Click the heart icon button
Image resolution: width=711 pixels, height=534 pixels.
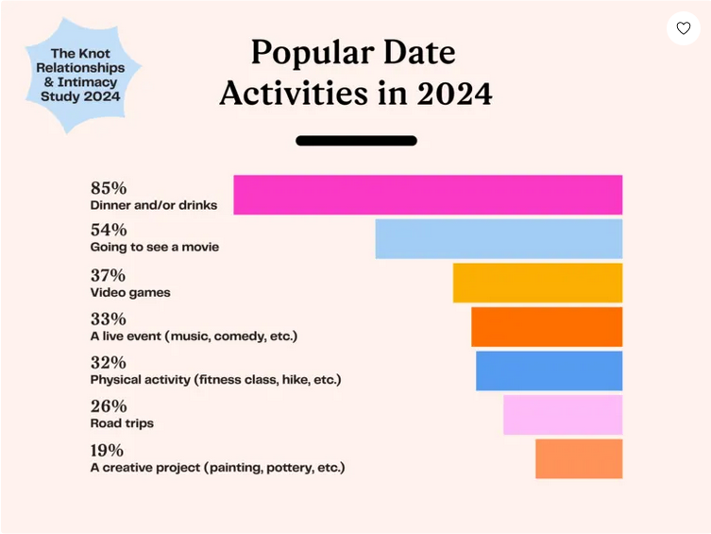tap(684, 28)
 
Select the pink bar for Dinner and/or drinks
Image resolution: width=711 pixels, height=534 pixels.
tap(428, 195)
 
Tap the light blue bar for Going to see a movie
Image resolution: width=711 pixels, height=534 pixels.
tap(499, 238)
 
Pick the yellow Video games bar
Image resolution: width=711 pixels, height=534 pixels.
tap(537, 283)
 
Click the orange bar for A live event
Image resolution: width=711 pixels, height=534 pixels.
tap(547, 327)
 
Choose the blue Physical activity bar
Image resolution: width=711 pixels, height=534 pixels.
tap(549, 370)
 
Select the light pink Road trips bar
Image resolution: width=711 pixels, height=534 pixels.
tap(563, 415)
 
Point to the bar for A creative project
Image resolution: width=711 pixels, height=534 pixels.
tap(579, 458)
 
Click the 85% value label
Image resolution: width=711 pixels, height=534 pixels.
tap(109, 187)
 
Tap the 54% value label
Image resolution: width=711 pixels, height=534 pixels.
tap(109, 230)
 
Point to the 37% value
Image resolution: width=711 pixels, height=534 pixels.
tap(109, 275)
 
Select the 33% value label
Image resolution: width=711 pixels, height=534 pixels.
tap(109, 319)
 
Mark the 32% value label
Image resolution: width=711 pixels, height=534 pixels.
tap(109, 362)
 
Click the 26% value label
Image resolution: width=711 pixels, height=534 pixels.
tap(109, 406)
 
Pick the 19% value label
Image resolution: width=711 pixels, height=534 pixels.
tap(108, 450)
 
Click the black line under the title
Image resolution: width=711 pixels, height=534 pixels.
tap(356, 141)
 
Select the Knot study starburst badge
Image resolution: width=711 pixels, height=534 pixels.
tap(81, 76)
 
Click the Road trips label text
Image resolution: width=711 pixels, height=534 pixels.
tap(122, 423)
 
